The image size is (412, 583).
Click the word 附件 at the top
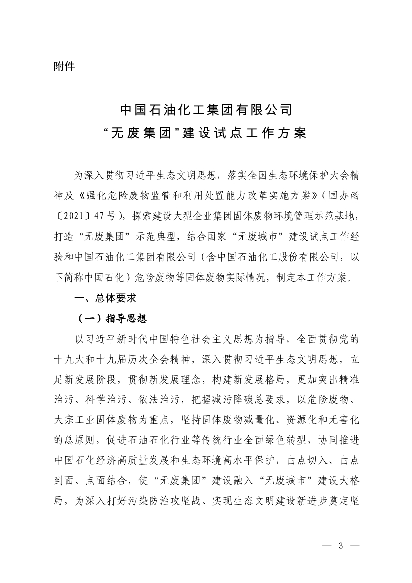click(x=64, y=66)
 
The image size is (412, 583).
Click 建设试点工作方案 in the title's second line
click(x=244, y=134)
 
